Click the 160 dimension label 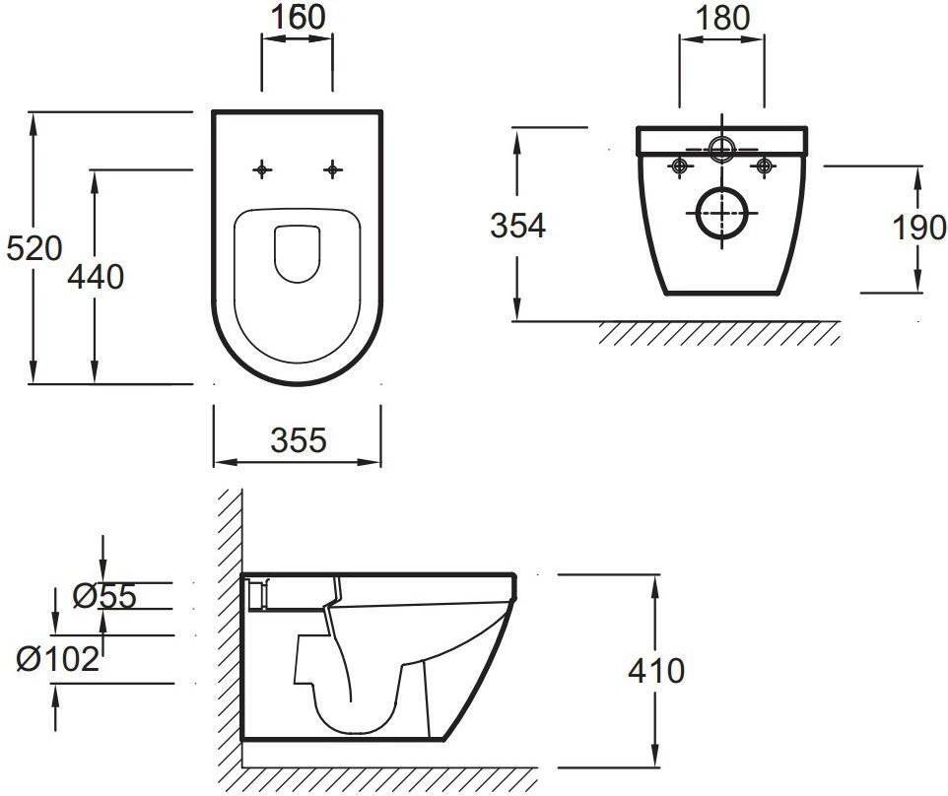coord(298,17)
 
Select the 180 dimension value coord(722,18)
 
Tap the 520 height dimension coord(34,248)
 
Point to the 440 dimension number coord(96,277)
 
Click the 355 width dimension coord(299,440)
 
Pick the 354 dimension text coord(517,226)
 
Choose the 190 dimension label coord(919,228)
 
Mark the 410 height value coord(656,671)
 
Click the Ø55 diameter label coord(104,596)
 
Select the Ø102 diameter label coord(57,658)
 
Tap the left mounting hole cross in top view coord(262,169)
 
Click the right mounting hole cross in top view coord(332,169)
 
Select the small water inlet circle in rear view coord(722,148)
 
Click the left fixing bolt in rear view coord(680,166)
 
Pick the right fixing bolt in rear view coord(764,166)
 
